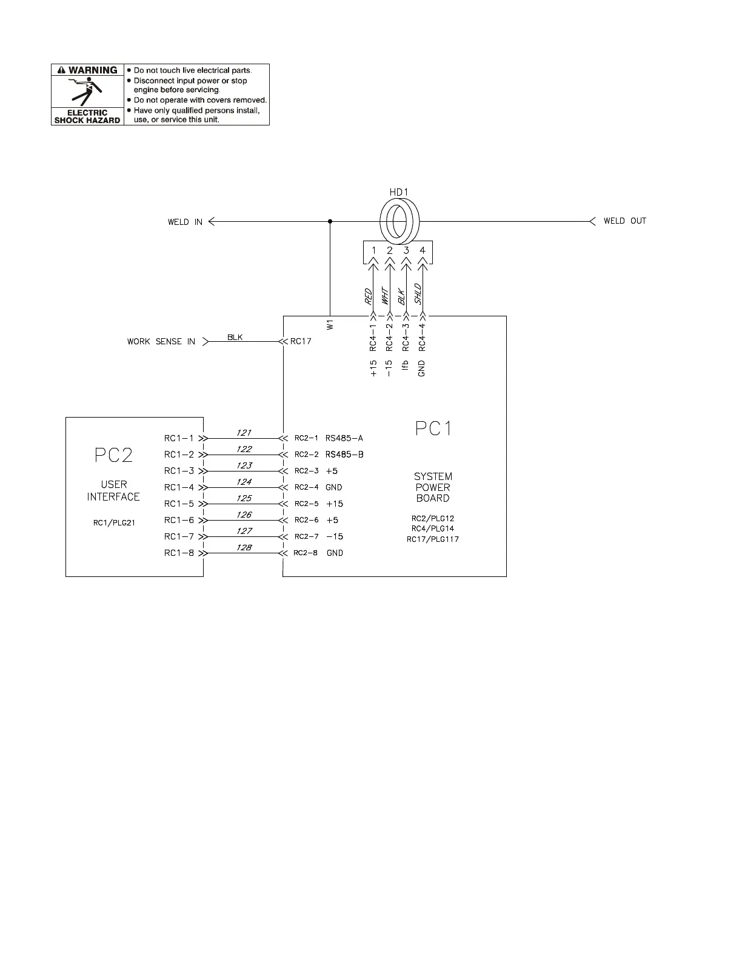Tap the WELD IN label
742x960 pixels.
point(185,222)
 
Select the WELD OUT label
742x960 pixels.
point(624,221)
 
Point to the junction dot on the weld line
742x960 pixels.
point(330,221)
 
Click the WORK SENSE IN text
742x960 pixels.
point(161,342)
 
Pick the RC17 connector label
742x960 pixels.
point(301,341)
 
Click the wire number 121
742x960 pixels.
point(244,433)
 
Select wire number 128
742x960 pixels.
point(244,547)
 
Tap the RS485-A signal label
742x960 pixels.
point(344,438)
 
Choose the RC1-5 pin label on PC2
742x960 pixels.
point(179,504)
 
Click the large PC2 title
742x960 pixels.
point(113,455)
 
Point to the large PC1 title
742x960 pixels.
point(433,429)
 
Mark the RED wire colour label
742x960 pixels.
point(368,296)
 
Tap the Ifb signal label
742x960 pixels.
point(406,365)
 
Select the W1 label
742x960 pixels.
point(330,325)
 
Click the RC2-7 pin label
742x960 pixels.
point(306,536)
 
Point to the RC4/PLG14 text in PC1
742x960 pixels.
point(432,528)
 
